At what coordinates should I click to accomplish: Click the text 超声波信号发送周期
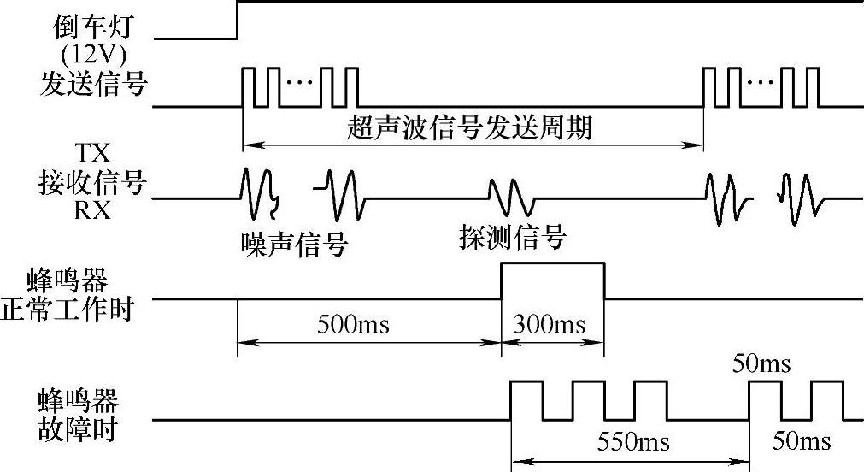470,129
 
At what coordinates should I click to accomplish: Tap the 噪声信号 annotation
293,244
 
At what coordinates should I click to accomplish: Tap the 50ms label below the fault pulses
801,442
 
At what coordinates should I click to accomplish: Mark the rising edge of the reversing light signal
237,20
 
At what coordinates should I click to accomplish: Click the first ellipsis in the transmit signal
300,83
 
